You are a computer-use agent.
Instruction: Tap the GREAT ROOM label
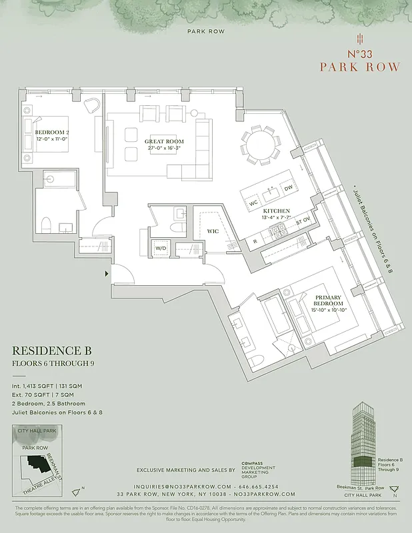(164, 142)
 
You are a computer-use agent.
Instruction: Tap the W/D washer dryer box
(161, 249)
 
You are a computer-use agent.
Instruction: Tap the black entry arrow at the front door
(107, 273)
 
